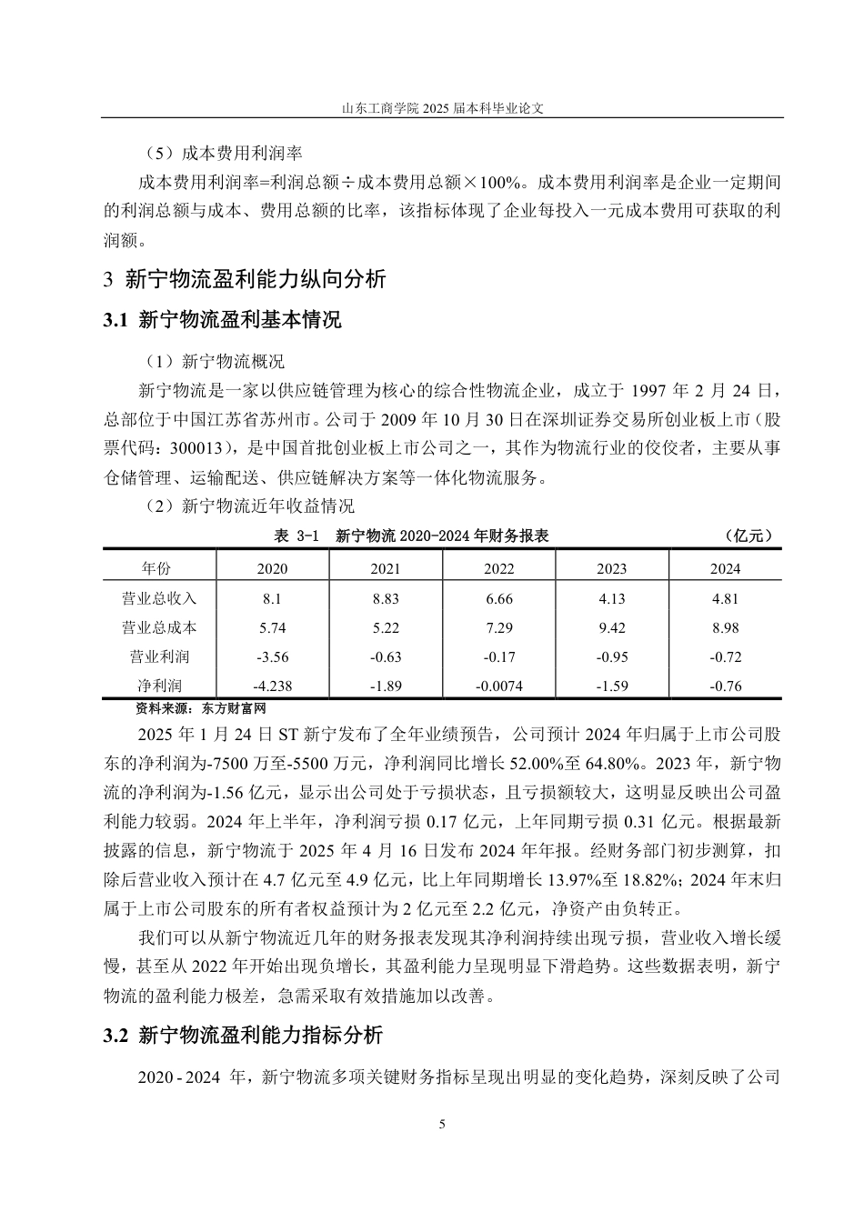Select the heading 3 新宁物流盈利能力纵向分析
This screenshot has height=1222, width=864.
click(x=245, y=279)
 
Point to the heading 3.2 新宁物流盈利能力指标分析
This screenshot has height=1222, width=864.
click(x=243, y=1035)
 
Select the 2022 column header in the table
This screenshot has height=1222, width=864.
click(x=498, y=568)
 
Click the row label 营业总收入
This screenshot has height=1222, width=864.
click(x=159, y=598)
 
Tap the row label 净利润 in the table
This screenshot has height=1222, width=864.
click(x=159, y=686)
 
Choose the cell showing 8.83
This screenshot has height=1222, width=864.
click(x=386, y=598)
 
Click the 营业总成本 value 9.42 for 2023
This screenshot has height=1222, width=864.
click(x=611, y=627)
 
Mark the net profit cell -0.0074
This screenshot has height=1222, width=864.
click(x=498, y=686)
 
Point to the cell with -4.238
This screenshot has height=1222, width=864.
click(x=272, y=686)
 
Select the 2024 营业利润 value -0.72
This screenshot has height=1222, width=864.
click(x=725, y=656)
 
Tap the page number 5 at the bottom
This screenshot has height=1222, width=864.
click(x=442, y=1125)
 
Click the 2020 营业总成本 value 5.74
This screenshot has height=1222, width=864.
click(x=272, y=627)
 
